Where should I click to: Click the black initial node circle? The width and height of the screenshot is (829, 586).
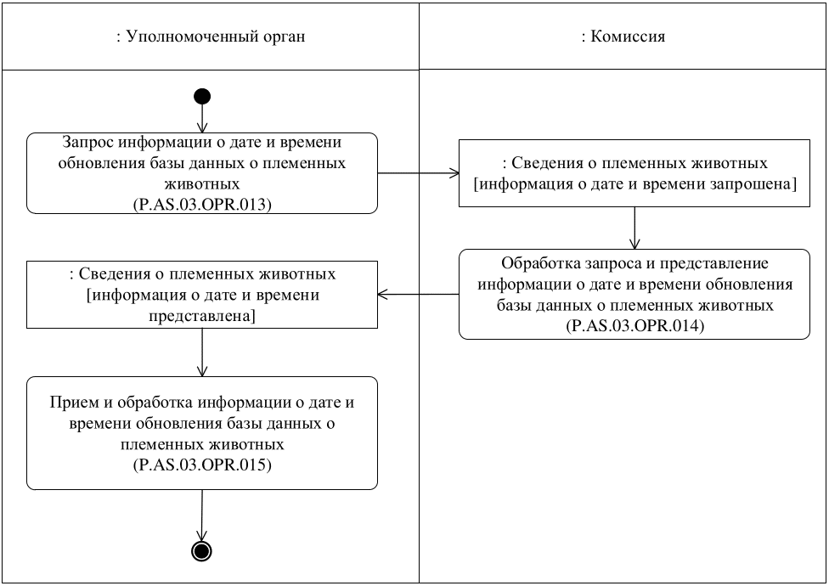202,95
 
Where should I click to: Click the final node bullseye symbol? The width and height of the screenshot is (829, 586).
202,551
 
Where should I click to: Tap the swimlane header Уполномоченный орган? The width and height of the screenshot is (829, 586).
210,37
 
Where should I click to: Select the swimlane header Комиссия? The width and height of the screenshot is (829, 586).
623,37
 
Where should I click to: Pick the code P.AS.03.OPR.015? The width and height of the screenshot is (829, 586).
202,466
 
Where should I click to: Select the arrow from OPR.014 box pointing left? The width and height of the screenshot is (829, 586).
418,295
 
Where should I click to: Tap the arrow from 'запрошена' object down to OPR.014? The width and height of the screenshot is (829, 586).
634,228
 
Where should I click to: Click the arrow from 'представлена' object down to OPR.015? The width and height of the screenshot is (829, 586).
202,352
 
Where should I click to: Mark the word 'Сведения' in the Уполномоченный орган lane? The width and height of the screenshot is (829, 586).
121,274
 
